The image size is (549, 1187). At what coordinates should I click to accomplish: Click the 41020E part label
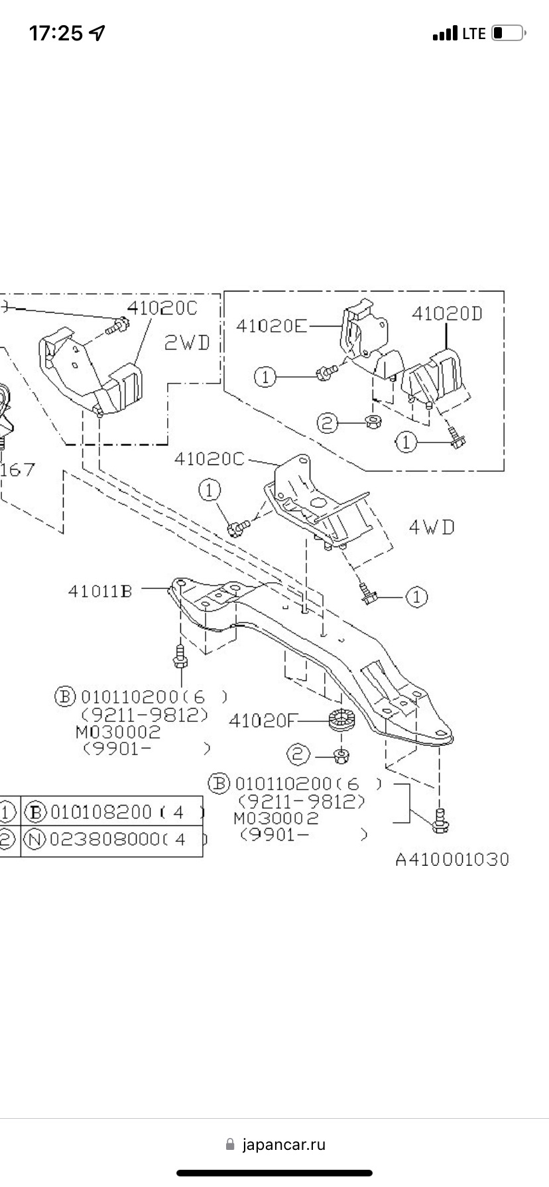[271, 327]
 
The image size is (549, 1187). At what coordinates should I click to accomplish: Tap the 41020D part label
[447, 313]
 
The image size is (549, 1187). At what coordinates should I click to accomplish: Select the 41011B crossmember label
[99, 590]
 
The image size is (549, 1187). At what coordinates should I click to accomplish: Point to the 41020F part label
[260, 721]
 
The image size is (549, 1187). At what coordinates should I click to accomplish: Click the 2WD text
[186, 342]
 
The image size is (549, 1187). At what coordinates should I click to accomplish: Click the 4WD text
[432, 528]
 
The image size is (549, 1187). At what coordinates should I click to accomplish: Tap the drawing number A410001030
[452, 860]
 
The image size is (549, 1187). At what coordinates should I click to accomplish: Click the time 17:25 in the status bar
[56, 33]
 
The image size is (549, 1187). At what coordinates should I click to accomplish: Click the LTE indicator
[473, 34]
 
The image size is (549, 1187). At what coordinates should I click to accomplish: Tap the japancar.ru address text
[284, 1145]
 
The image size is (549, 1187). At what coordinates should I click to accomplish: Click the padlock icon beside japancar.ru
[230, 1145]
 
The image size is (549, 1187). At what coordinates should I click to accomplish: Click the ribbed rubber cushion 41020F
[342, 719]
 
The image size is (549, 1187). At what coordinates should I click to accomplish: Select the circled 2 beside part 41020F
[298, 754]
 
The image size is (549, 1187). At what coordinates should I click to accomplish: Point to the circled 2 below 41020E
[327, 423]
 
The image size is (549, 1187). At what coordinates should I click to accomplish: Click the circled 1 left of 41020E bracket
[265, 377]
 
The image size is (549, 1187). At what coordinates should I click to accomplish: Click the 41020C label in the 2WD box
[162, 308]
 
